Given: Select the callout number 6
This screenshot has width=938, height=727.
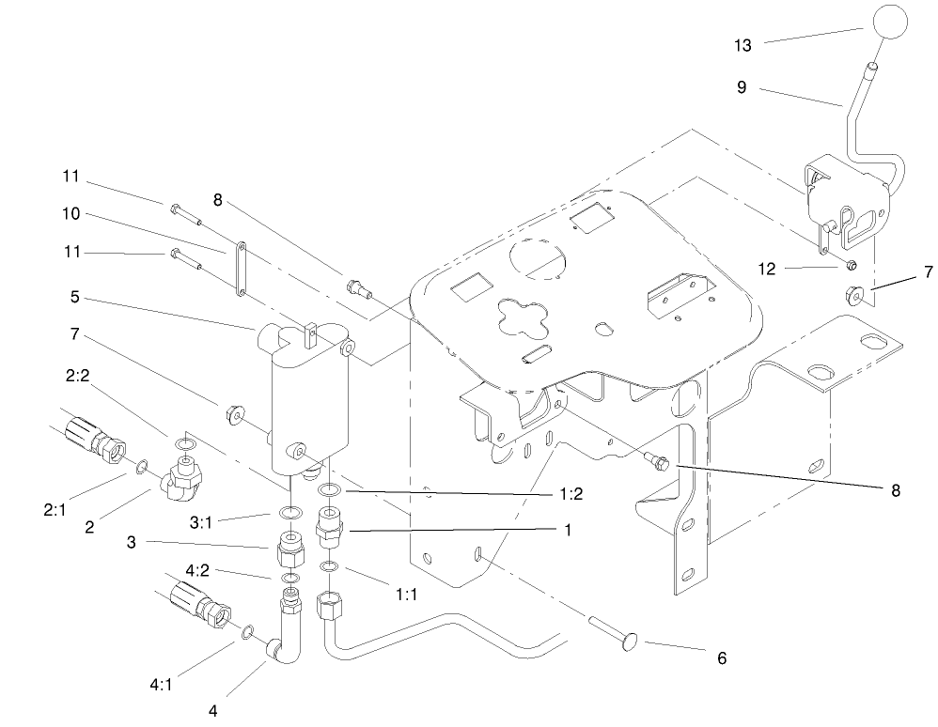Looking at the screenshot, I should (721, 658).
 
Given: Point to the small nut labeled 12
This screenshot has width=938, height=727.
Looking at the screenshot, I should (848, 265).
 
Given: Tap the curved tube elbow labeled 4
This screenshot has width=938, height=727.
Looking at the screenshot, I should (288, 639).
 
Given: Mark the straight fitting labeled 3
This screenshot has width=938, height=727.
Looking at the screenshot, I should (291, 548).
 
